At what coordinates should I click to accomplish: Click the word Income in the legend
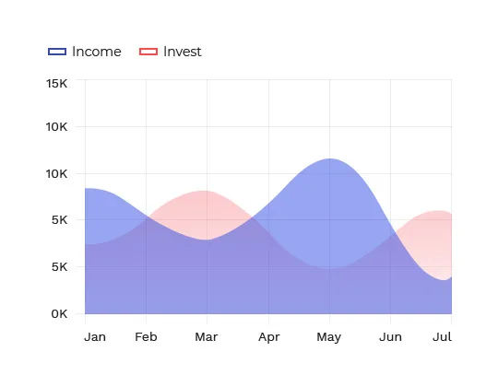97,52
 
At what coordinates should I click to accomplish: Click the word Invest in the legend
183,52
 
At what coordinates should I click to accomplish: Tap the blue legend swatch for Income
57,52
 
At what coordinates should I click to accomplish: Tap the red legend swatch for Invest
148,52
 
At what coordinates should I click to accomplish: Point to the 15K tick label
57,84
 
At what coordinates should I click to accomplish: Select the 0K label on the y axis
59,314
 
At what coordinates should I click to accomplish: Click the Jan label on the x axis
95,337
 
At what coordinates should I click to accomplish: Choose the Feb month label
146,337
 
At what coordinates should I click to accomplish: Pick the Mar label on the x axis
207,337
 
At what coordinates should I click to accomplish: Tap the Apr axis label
269,337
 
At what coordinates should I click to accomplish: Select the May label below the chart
329,337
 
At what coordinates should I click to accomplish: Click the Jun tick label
390,337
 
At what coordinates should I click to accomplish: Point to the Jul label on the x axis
442,337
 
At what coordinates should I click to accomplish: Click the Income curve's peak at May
330,158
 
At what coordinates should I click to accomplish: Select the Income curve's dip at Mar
207,240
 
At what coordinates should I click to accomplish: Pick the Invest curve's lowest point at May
330,269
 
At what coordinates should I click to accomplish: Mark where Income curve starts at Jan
85,188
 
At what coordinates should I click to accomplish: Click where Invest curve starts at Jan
85,244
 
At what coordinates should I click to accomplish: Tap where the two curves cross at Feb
147,217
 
